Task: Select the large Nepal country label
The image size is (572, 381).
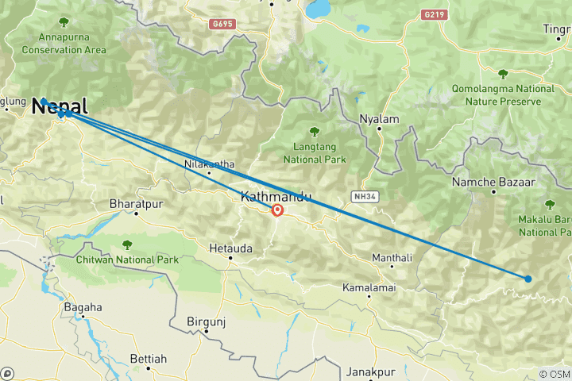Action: tap(60, 106)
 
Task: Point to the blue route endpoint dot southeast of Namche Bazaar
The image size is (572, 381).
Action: tap(528, 279)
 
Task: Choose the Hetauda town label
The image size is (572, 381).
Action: tap(230, 248)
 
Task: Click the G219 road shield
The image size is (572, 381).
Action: tap(432, 13)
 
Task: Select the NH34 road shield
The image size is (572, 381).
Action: tap(362, 194)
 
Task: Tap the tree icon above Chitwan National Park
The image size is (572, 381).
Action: tap(126, 245)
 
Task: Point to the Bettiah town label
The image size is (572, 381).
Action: tap(148, 360)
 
